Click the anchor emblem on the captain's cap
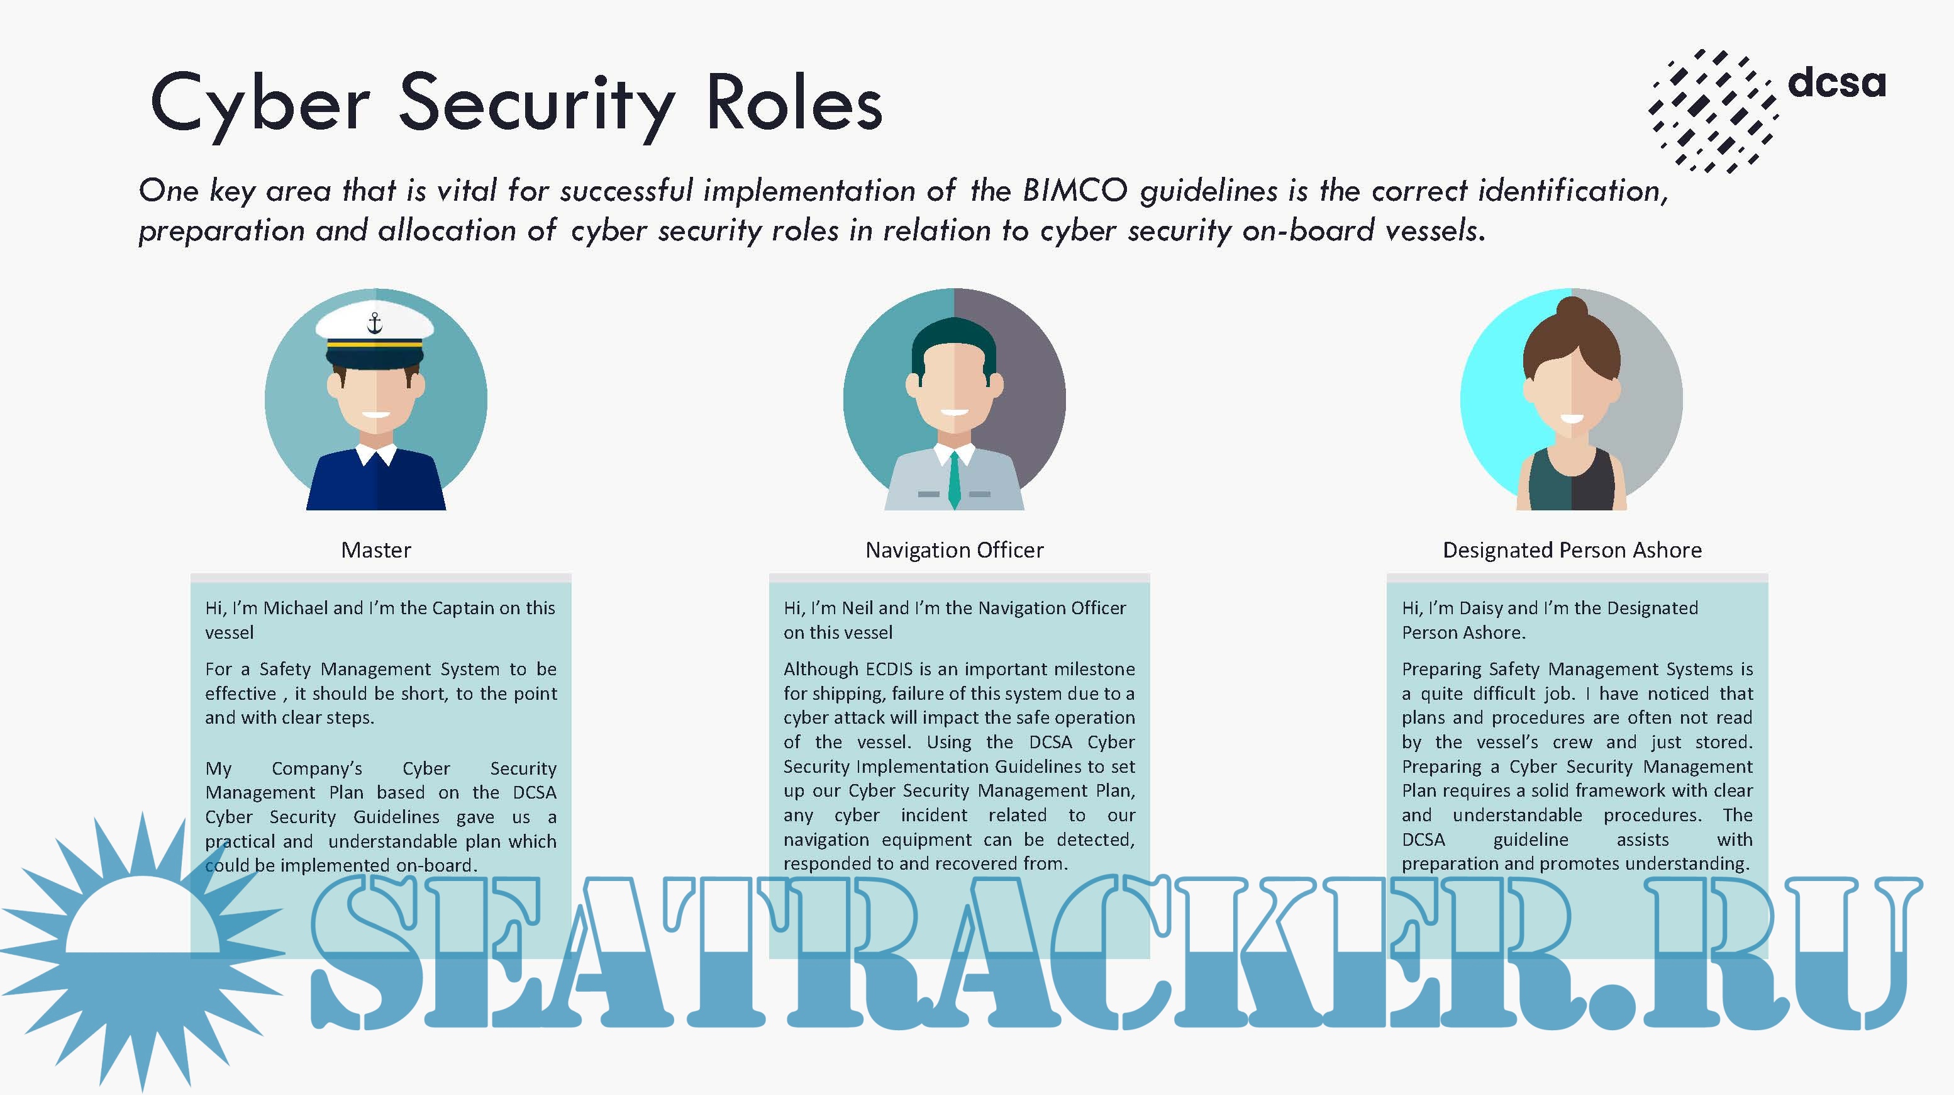click(x=375, y=323)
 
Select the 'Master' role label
click(x=376, y=549)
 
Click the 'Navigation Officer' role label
click(x=954, y=549)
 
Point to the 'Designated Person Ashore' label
click(x=1572, y=549)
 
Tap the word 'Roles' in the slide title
click(x=794, y=102)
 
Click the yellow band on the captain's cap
click(x=375, y=344)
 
